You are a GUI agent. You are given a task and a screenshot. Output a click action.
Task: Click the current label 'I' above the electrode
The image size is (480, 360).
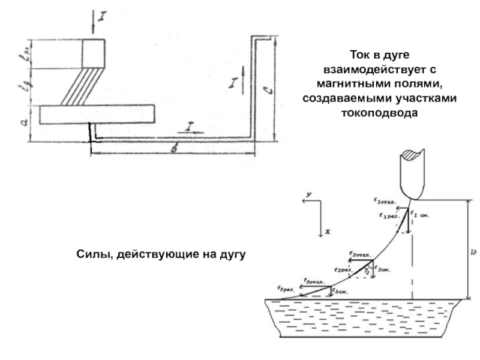pyautogui.click(x=102, y=17)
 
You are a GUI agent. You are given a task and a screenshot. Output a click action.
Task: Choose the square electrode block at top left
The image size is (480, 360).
pyautogui.click(x=93, y=53)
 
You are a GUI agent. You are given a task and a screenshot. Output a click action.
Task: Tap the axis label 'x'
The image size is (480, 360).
pyautogui.click(x=328, y=230)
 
